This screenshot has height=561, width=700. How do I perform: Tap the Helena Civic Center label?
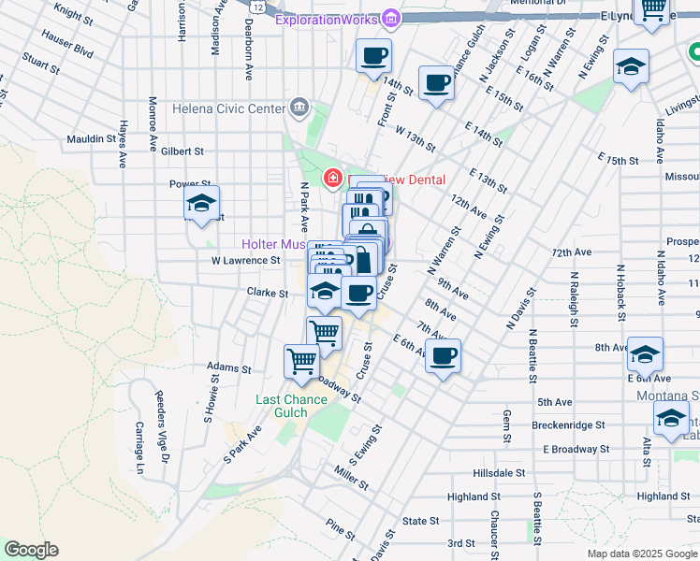228,108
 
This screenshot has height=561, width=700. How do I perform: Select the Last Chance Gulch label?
292,406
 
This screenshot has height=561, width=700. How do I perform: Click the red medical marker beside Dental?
331,178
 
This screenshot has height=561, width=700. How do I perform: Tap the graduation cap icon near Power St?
201,203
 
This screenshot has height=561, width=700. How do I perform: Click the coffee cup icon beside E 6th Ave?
443,355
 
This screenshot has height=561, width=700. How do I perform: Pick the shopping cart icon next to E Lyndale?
651,8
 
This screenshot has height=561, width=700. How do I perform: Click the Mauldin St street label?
91,140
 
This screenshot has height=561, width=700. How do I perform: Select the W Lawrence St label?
246,261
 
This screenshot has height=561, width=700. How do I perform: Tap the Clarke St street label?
267,293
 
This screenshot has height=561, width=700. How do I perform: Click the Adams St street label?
230,368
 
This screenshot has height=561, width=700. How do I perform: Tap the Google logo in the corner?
31,550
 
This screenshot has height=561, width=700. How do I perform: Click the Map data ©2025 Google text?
641,554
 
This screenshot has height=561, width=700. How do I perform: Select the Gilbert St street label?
182,151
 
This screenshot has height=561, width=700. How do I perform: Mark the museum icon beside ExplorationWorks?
391,18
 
